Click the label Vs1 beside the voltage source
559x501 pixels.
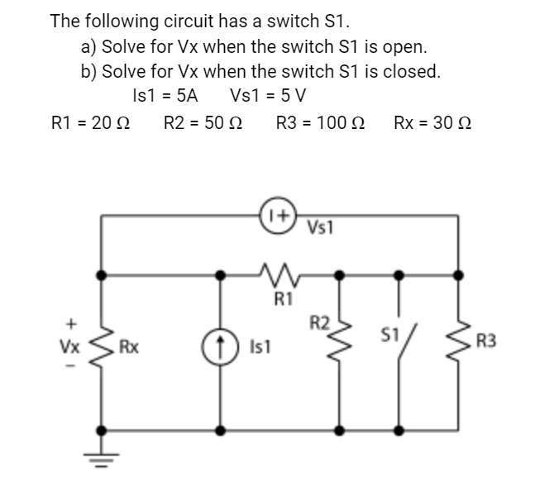(319, 227)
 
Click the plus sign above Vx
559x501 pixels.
(72, 320)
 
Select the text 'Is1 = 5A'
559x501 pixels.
(165, 93)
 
